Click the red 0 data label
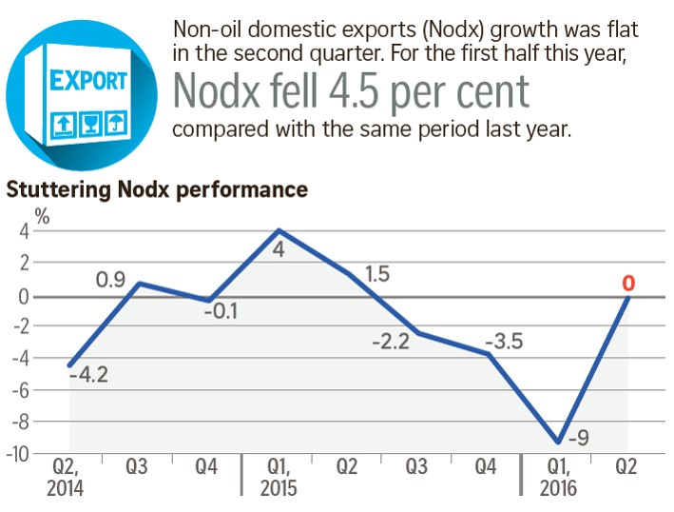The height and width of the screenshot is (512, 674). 628,283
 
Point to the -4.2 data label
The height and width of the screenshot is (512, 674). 88,375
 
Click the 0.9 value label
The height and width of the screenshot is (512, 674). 112,282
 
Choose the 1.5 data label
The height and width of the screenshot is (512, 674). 377,273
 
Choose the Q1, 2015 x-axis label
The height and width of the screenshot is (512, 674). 279,478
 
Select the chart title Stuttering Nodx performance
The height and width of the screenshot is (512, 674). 157,189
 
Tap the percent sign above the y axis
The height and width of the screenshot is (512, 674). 43,216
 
